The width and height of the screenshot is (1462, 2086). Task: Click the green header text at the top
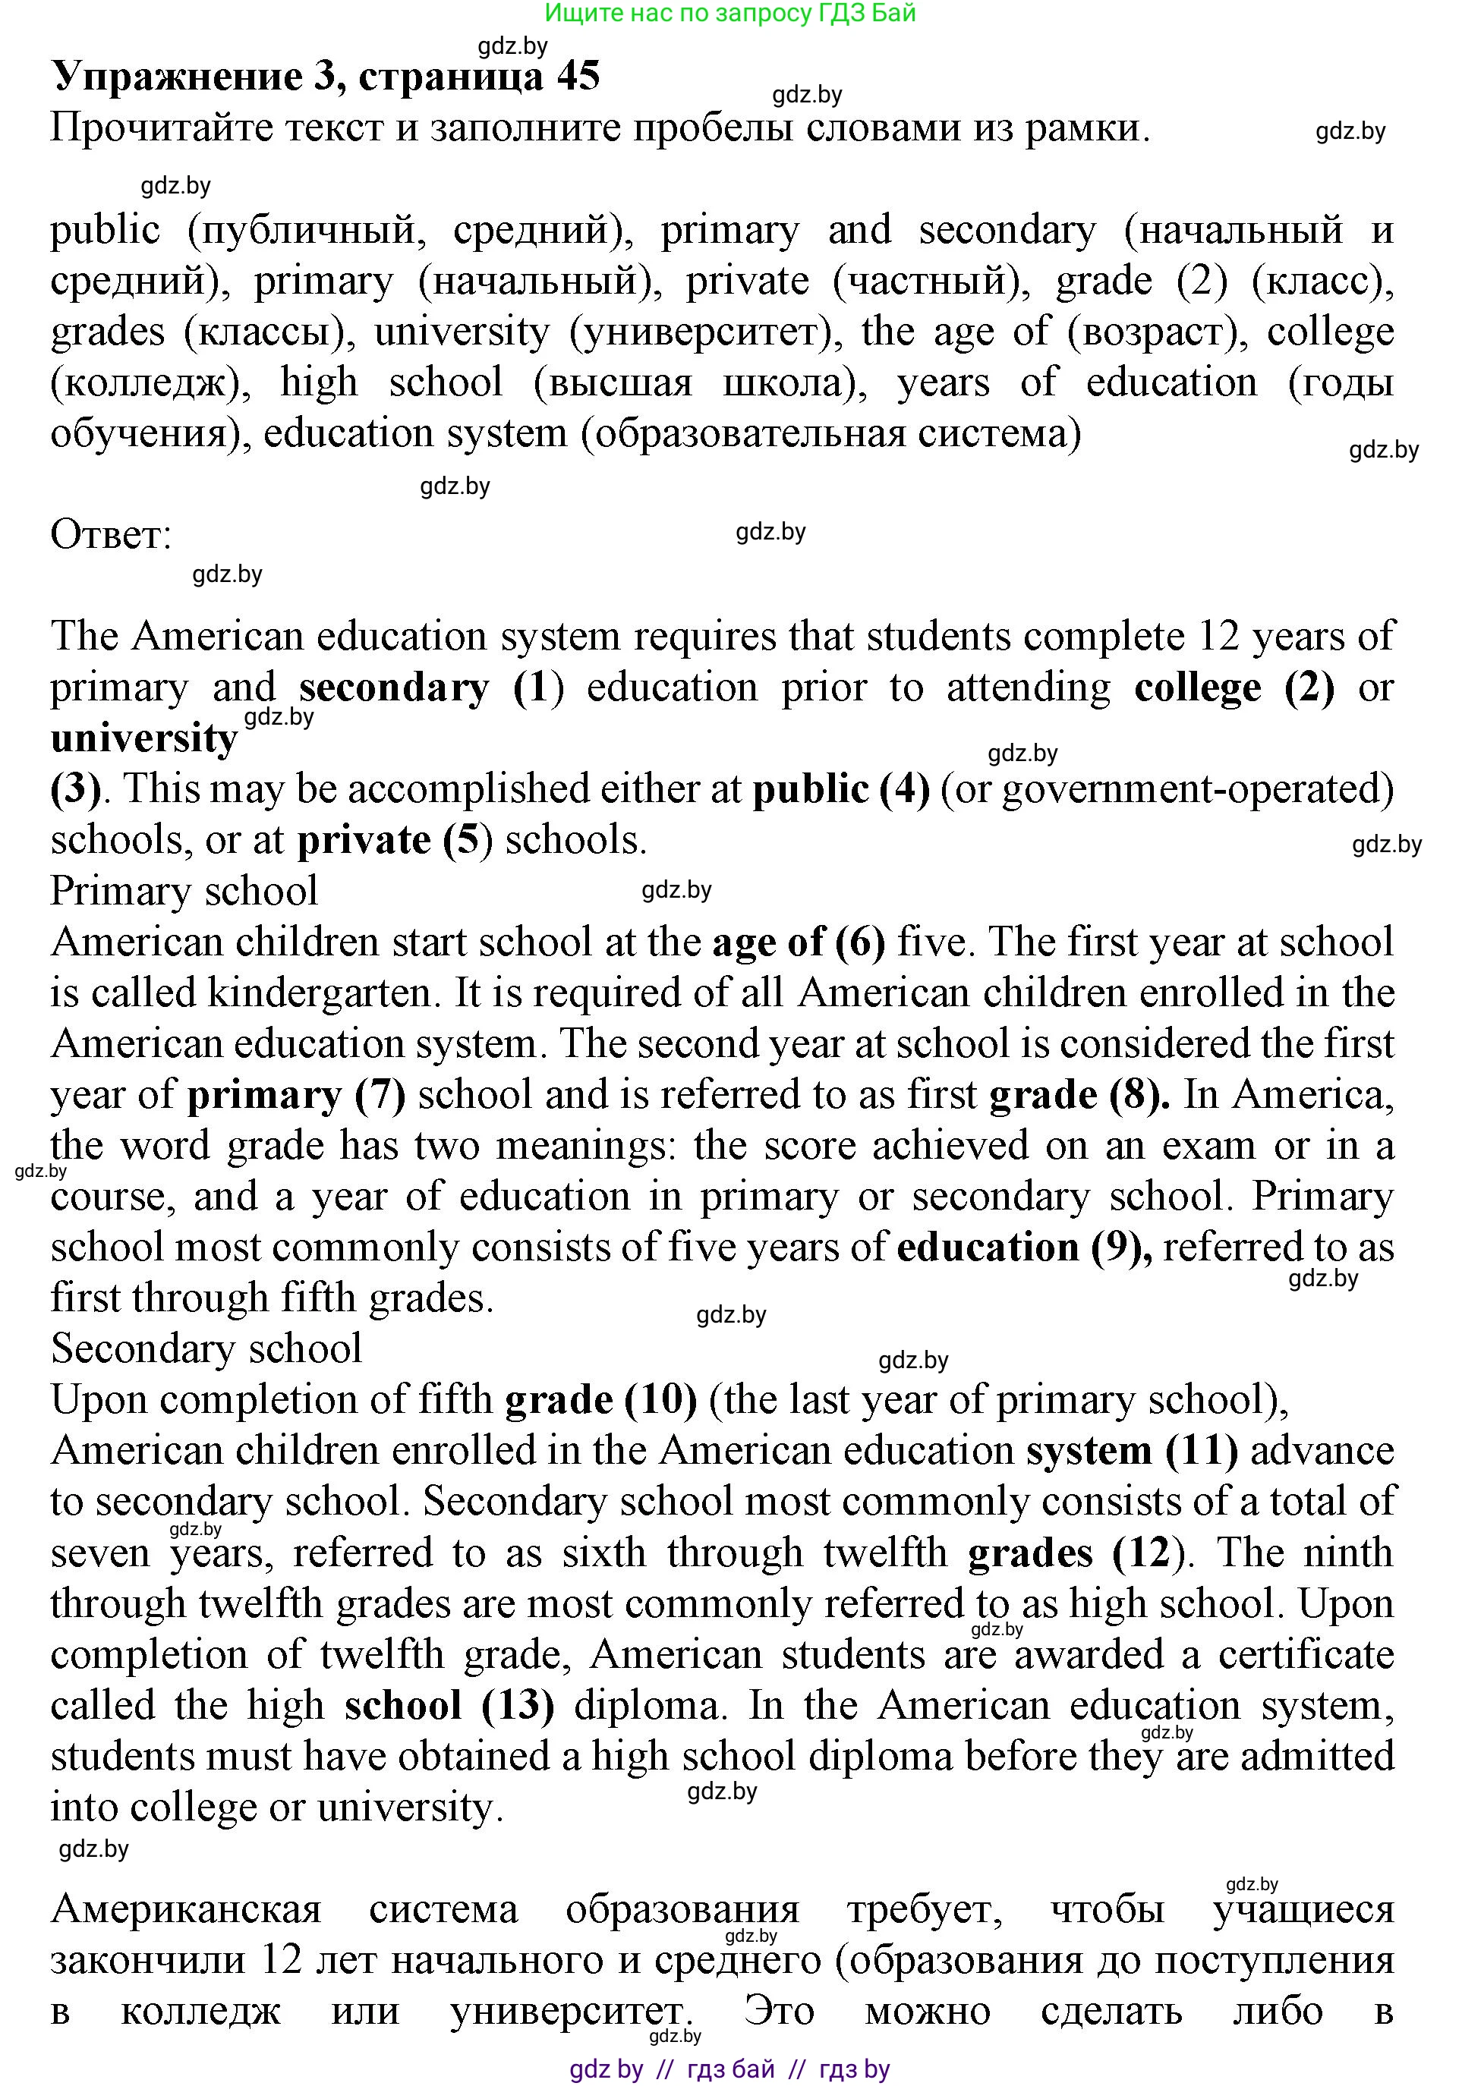point(729,13)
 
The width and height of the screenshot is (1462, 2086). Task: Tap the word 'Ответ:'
point(111,535)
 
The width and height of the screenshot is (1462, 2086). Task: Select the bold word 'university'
point(144,738)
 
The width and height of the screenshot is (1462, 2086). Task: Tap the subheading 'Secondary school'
point(206,1348)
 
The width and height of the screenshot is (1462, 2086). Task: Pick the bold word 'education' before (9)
point(987,1248)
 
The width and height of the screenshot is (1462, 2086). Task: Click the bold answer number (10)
point(660,1400)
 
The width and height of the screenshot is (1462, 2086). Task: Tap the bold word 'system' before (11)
point(1089,1451)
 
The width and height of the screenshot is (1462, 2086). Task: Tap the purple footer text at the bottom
point(729,2069)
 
